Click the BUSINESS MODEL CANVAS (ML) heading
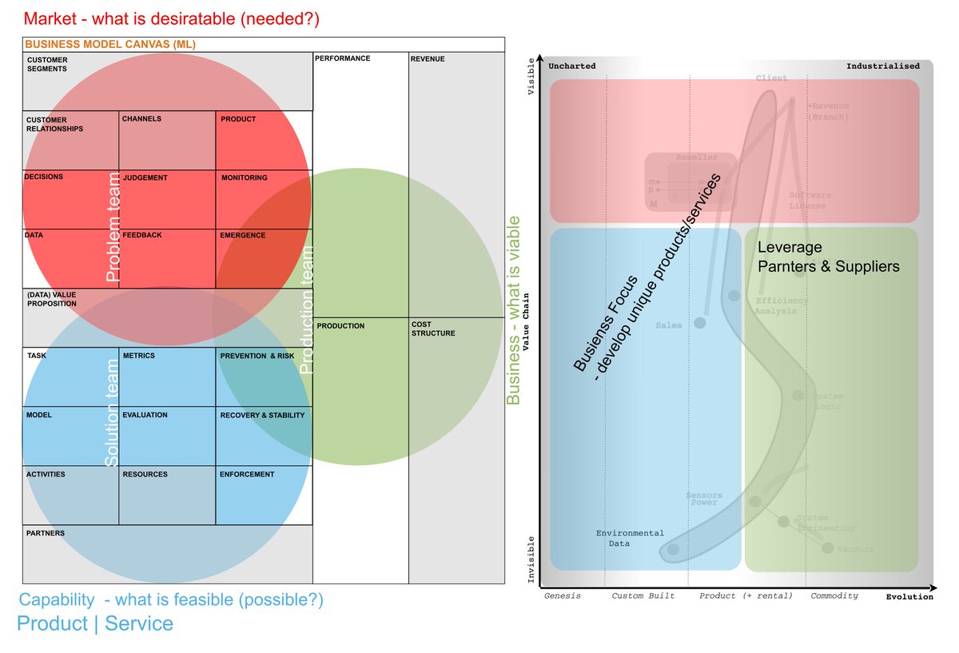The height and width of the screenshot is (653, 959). coord(110,45)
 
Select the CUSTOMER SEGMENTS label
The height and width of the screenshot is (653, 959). coord(47,64)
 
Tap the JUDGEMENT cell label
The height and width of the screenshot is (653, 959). coord(145,177)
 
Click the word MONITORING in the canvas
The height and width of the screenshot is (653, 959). coord(244,177)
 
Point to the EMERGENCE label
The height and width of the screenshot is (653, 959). coord(242,236)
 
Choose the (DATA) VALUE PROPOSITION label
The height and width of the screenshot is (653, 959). coord(51,299)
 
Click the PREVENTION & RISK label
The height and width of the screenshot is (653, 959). coord(257,356)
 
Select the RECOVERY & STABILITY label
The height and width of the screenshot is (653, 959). coord(261,415)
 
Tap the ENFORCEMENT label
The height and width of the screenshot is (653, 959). coord(246,474)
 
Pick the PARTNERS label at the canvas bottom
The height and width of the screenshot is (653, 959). coord(46,533)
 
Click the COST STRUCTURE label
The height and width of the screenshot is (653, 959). coord(432,329)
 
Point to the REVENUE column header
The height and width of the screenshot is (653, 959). coord(428,59)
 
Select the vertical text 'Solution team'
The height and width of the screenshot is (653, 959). coord(113,413)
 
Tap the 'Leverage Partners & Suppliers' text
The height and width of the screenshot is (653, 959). coord(827,257)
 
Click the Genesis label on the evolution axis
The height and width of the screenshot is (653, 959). coord(562,595)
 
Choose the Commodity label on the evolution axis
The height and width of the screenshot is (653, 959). coord(834,595)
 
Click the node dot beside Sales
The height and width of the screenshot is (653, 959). coord(700,323)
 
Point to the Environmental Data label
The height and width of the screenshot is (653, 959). coord(630,538)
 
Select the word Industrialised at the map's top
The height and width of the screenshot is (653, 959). coord(882,66)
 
